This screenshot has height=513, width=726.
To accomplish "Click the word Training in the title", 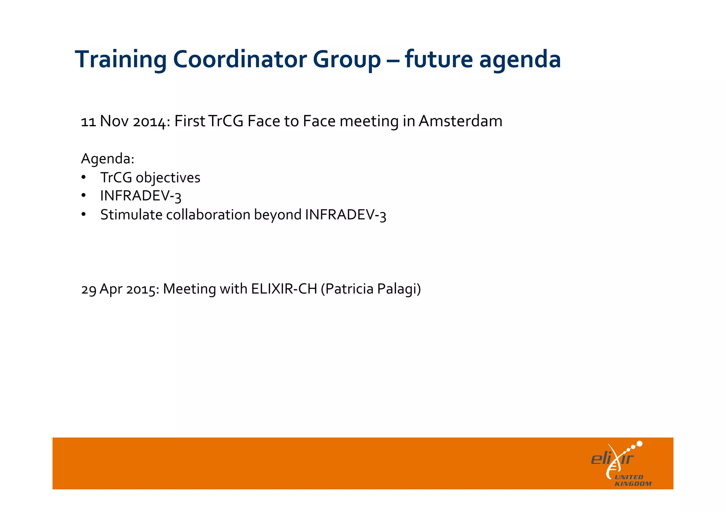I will click(121, 60).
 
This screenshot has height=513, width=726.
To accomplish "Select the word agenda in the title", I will click(520, 60).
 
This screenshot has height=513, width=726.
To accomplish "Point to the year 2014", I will click(149, 122).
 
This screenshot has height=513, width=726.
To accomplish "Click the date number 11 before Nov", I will click(88, 122).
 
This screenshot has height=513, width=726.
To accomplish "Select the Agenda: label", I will click(107, 158).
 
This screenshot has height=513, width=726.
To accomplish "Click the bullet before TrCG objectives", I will click(83, 177).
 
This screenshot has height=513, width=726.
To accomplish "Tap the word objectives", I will click(168, 178).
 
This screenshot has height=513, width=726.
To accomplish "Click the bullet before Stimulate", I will click(83, 214).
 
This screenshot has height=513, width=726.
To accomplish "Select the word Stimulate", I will click(131, 214).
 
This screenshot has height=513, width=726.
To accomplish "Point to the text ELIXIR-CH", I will click(284, 289).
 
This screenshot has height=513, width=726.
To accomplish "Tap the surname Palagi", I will click(398, 289).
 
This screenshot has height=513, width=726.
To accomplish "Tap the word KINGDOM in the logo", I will click(633, 484).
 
